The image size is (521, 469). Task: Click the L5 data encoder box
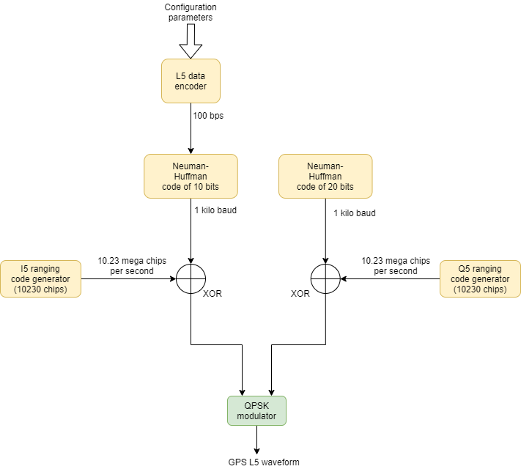[191, 81]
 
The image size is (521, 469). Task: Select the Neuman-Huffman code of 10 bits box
[191, 176]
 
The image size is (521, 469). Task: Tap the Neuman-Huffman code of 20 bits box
[325, 176]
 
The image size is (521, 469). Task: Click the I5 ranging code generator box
[40, 278]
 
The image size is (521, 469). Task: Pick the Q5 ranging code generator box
[480, 278]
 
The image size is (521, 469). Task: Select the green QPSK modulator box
[256, 410]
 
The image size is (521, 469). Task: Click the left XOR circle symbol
[191, 278]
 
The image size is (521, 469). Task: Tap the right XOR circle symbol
[325, 278]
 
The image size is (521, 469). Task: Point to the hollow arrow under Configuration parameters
[191, 41]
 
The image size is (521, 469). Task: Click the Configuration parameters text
[191, 12]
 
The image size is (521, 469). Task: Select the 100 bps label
[209, 117]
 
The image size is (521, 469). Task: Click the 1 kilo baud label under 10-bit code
[215, 210]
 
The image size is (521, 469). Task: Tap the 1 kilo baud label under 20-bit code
[355, 213]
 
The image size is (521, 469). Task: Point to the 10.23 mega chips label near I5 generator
[132, 265]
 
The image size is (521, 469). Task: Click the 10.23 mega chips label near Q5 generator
[396, 265]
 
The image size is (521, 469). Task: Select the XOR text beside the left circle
[213, 293]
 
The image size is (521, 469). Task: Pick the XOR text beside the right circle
[300, 293]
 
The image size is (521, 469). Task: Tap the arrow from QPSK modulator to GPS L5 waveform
[256, 440]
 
